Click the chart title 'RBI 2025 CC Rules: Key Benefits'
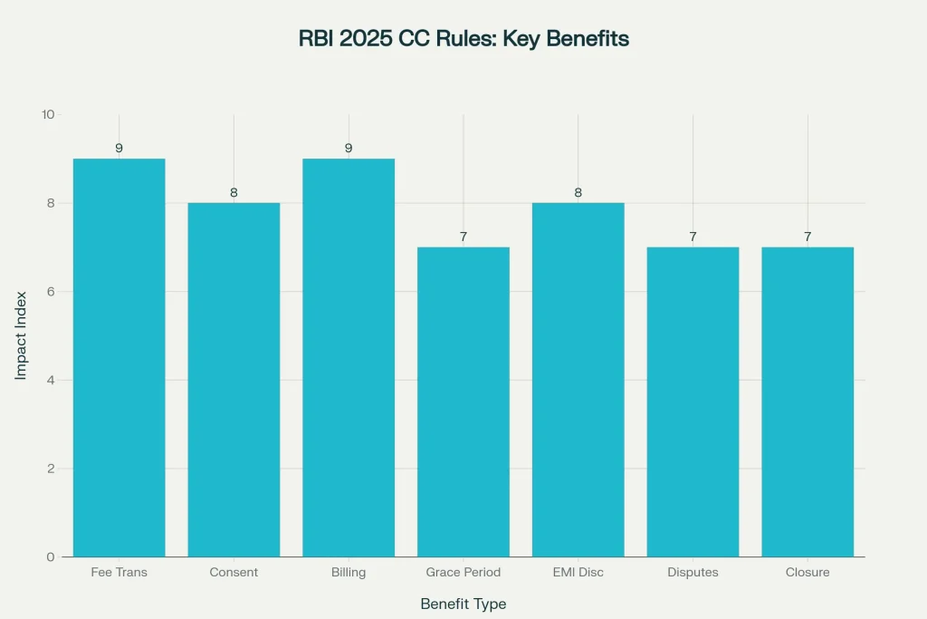[x=463, y=39]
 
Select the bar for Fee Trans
[x=119, y=357]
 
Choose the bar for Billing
[x=349, y=357]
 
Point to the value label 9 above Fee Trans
[x=119, y=148]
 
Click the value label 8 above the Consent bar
[x=234, y=192]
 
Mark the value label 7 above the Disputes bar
[x=693, y=237]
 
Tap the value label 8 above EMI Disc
[x=578, y=192]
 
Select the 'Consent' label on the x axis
[x=234, y=573]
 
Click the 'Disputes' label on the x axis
[x=693, y=573]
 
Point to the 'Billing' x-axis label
[x=349, y=573]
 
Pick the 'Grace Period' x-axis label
[x=463, y=573]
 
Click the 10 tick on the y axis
[x=47, y=115]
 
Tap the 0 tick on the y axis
[x=51, y=556]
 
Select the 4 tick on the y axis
[x=51, y=380]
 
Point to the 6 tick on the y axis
[x=51, y=292]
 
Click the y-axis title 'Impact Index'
[x=21, y=335]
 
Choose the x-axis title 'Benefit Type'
[x=463, y=604]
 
